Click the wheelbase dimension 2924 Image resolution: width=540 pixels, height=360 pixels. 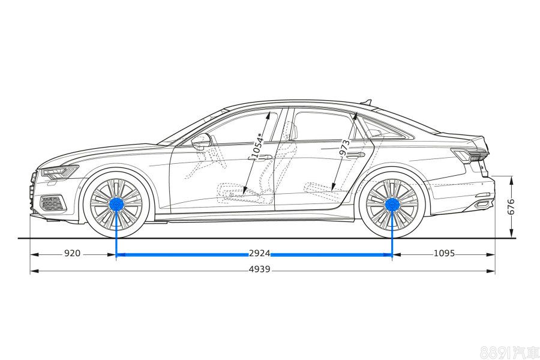click(259, 254)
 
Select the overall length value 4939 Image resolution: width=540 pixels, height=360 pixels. click(259, 269)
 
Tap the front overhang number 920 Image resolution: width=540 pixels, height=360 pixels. click(72, 254)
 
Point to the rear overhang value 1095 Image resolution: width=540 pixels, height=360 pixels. click(444, 254)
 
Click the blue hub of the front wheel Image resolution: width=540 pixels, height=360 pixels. click(116, 205)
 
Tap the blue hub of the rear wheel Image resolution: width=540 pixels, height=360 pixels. click(392, 205)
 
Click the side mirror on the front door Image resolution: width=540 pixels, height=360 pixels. click(201, 140)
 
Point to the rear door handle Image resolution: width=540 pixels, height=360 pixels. click(356, 155)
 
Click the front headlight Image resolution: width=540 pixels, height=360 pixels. click(60, 172)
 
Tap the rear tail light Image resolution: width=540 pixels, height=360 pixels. click(469, 155)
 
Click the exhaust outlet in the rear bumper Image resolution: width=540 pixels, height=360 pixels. click(482, 205)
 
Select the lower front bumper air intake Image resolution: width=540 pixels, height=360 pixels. click(53, 203)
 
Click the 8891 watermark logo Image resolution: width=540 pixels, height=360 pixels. click(509, 352)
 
